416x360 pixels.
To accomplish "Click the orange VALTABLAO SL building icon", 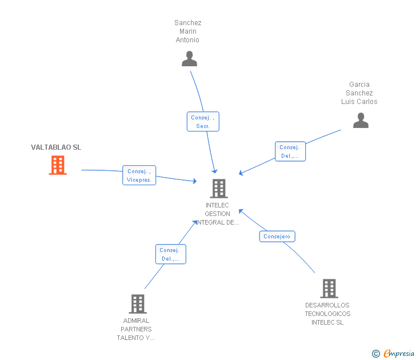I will (x=57, y=165).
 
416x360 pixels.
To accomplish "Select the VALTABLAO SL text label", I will (x=56, y=147).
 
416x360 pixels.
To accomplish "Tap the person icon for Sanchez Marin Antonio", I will (x=189, y=59).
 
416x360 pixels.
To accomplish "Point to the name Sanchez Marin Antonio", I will (x=188, y=31).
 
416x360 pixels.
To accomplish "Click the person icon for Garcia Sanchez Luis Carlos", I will (x=361, y=121).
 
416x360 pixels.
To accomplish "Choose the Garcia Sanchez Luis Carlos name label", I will (x=359, y=93).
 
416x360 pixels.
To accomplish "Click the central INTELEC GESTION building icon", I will (x=218, y=188).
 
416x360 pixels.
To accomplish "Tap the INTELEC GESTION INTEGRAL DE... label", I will (x=218, y=214).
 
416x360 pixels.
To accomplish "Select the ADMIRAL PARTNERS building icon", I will (x=138, y=304).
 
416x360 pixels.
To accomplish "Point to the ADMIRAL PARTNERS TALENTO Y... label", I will (x=136, y=329).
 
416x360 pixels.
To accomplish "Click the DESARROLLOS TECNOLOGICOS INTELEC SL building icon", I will (x=329, y=289).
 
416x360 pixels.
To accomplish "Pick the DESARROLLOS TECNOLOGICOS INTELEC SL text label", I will (x=327, y=314).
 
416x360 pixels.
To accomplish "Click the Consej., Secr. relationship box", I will (x=203, y=122).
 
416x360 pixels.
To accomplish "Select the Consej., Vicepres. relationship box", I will (x=139, y=175).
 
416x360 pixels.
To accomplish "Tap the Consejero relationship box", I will (x=277, y=236).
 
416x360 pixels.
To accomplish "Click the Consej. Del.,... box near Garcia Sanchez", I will (x=290, y=151).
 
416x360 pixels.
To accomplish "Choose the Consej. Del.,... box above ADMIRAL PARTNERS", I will (x=170, y=254).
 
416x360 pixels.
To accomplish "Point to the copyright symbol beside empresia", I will (x=376, y=354).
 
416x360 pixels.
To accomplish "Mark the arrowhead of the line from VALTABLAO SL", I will (x=195, y=181).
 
